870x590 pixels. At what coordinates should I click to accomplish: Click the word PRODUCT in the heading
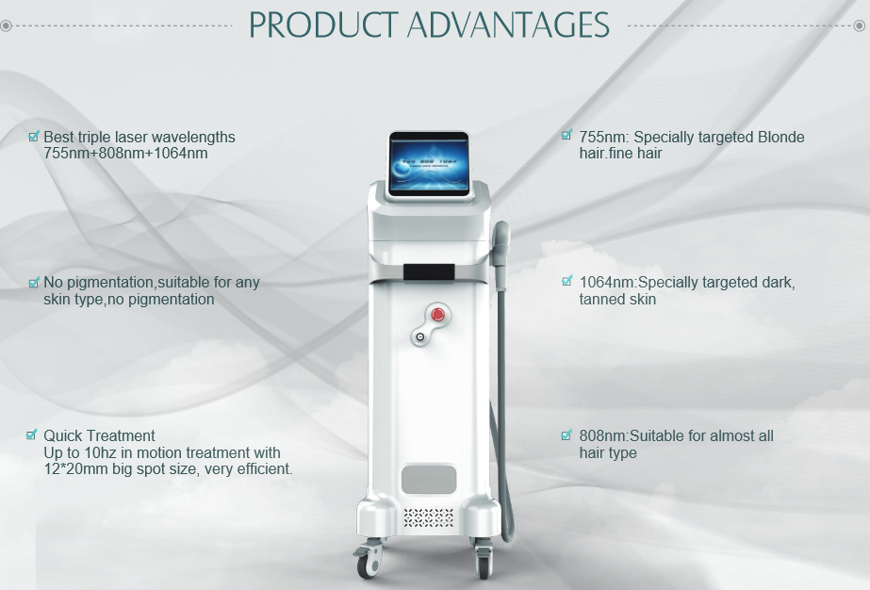click(x=323, y=25)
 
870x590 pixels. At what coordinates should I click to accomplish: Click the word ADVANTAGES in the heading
click(x=508, y=25)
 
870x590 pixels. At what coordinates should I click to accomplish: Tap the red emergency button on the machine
click(x=437, y=315)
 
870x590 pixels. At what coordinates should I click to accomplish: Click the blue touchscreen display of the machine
click(x=429, y=165)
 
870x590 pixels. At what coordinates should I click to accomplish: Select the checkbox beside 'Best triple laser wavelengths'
click(x=33, y=136)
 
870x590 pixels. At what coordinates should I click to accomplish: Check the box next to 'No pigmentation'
click(x=33, y=282)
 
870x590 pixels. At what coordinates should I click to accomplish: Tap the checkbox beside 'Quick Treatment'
click(x=32, y=434)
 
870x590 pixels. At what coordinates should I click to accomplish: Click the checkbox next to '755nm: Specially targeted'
click(x=566, y=135)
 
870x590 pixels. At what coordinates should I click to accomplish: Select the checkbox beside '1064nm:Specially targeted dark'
click(x=566, y=281)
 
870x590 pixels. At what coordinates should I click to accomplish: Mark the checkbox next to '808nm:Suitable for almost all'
click(x=566, y=434)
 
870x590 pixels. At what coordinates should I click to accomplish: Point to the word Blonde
click(x=777, y=137)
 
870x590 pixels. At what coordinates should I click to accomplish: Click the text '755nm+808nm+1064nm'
click(x=125, y=154)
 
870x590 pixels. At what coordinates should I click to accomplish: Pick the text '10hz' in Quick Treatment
click(x=101, y=452)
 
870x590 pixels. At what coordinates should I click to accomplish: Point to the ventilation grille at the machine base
click(x=428, y=517)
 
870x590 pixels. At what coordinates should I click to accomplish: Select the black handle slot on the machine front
click(x=429, y=272)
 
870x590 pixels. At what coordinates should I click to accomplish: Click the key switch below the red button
click(x=420, y=336)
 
